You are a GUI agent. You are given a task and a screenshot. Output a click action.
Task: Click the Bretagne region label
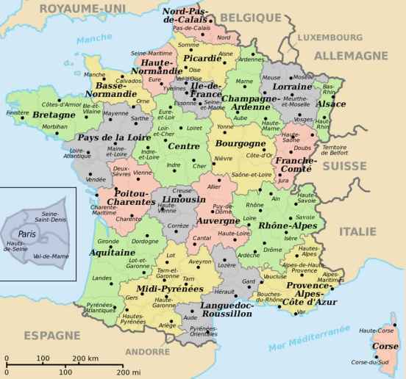point(54,116)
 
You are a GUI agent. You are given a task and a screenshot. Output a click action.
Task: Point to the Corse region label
point(386,346)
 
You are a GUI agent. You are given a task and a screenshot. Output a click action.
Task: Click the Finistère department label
point(17,113)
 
